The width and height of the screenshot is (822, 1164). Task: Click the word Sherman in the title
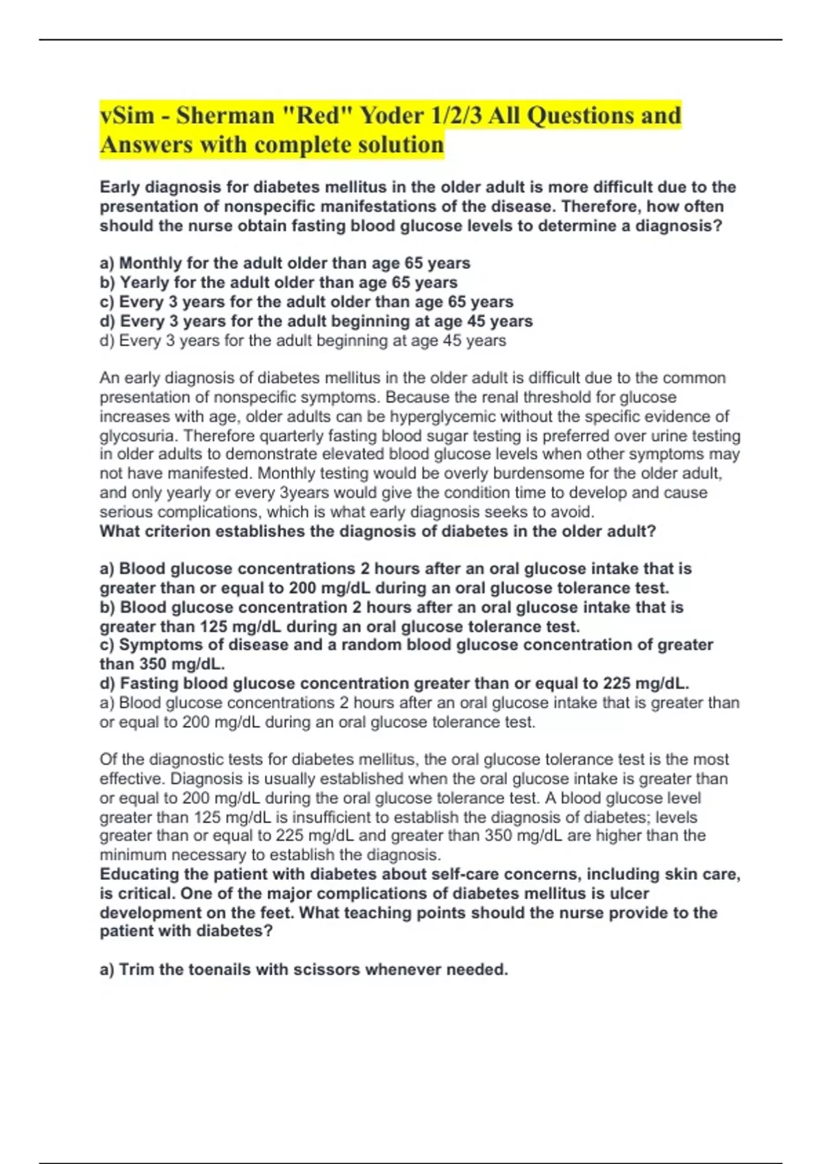tap(225, 115)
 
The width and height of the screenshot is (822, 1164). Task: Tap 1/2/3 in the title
tap(458, 115)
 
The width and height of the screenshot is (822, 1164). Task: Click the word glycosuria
tap(138, 435)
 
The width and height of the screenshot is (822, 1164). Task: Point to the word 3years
tap(306, 492)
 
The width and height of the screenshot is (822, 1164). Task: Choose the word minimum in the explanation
tap(133, 855)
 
